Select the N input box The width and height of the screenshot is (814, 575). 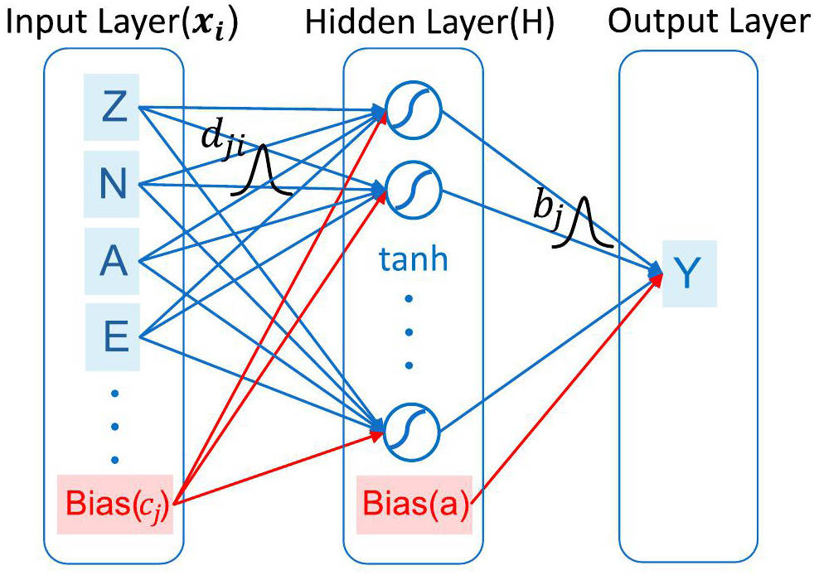click(114, 184)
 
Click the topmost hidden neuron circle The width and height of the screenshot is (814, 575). click(413, 114)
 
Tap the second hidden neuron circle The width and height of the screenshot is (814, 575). click(413, 190)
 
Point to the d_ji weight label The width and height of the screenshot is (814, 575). click(221, 143)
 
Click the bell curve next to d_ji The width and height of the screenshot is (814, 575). click(263, 170)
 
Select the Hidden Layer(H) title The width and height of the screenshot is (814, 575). click(429, 22)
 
